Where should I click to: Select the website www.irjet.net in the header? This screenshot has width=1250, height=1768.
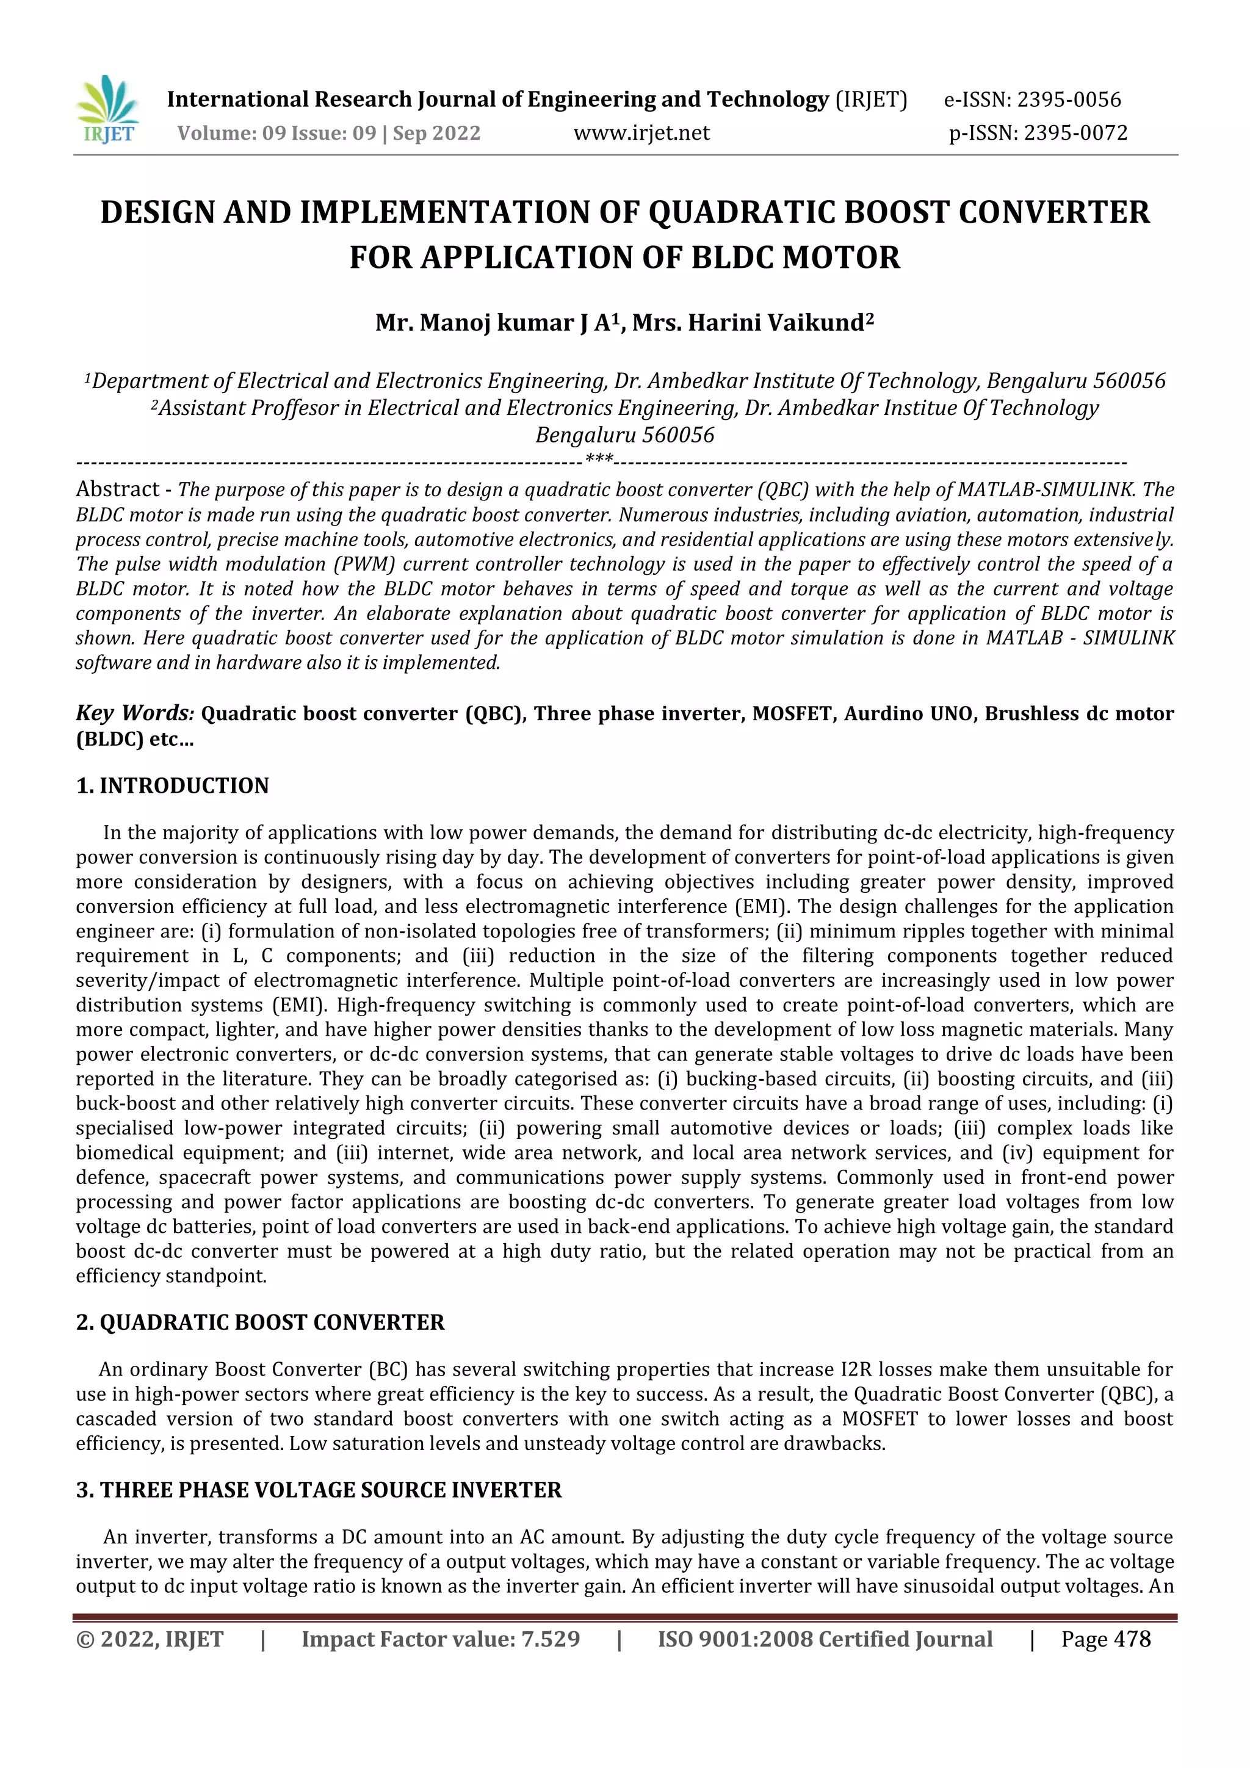641,133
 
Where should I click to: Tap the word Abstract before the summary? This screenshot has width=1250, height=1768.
117,489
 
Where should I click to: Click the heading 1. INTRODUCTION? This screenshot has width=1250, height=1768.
173,785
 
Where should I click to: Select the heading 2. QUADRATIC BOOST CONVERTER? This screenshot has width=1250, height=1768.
261,1322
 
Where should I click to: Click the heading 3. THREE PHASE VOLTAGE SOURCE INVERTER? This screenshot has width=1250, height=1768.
319,1490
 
